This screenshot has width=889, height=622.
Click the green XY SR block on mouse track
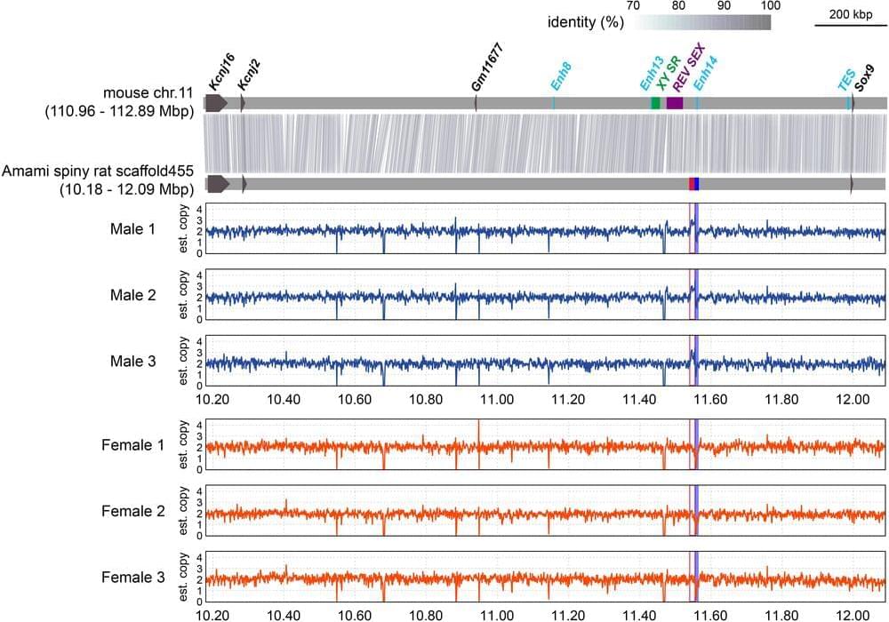click(656, 103)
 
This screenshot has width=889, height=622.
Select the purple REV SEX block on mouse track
click(675, 103)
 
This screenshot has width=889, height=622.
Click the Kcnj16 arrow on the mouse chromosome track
click(217, 103)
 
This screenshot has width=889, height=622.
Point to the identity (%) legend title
click(585, 22)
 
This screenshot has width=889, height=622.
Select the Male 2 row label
click(133, 295)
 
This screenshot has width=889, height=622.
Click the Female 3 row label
click(133, 578)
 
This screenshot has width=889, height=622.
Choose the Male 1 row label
click(133, 228)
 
